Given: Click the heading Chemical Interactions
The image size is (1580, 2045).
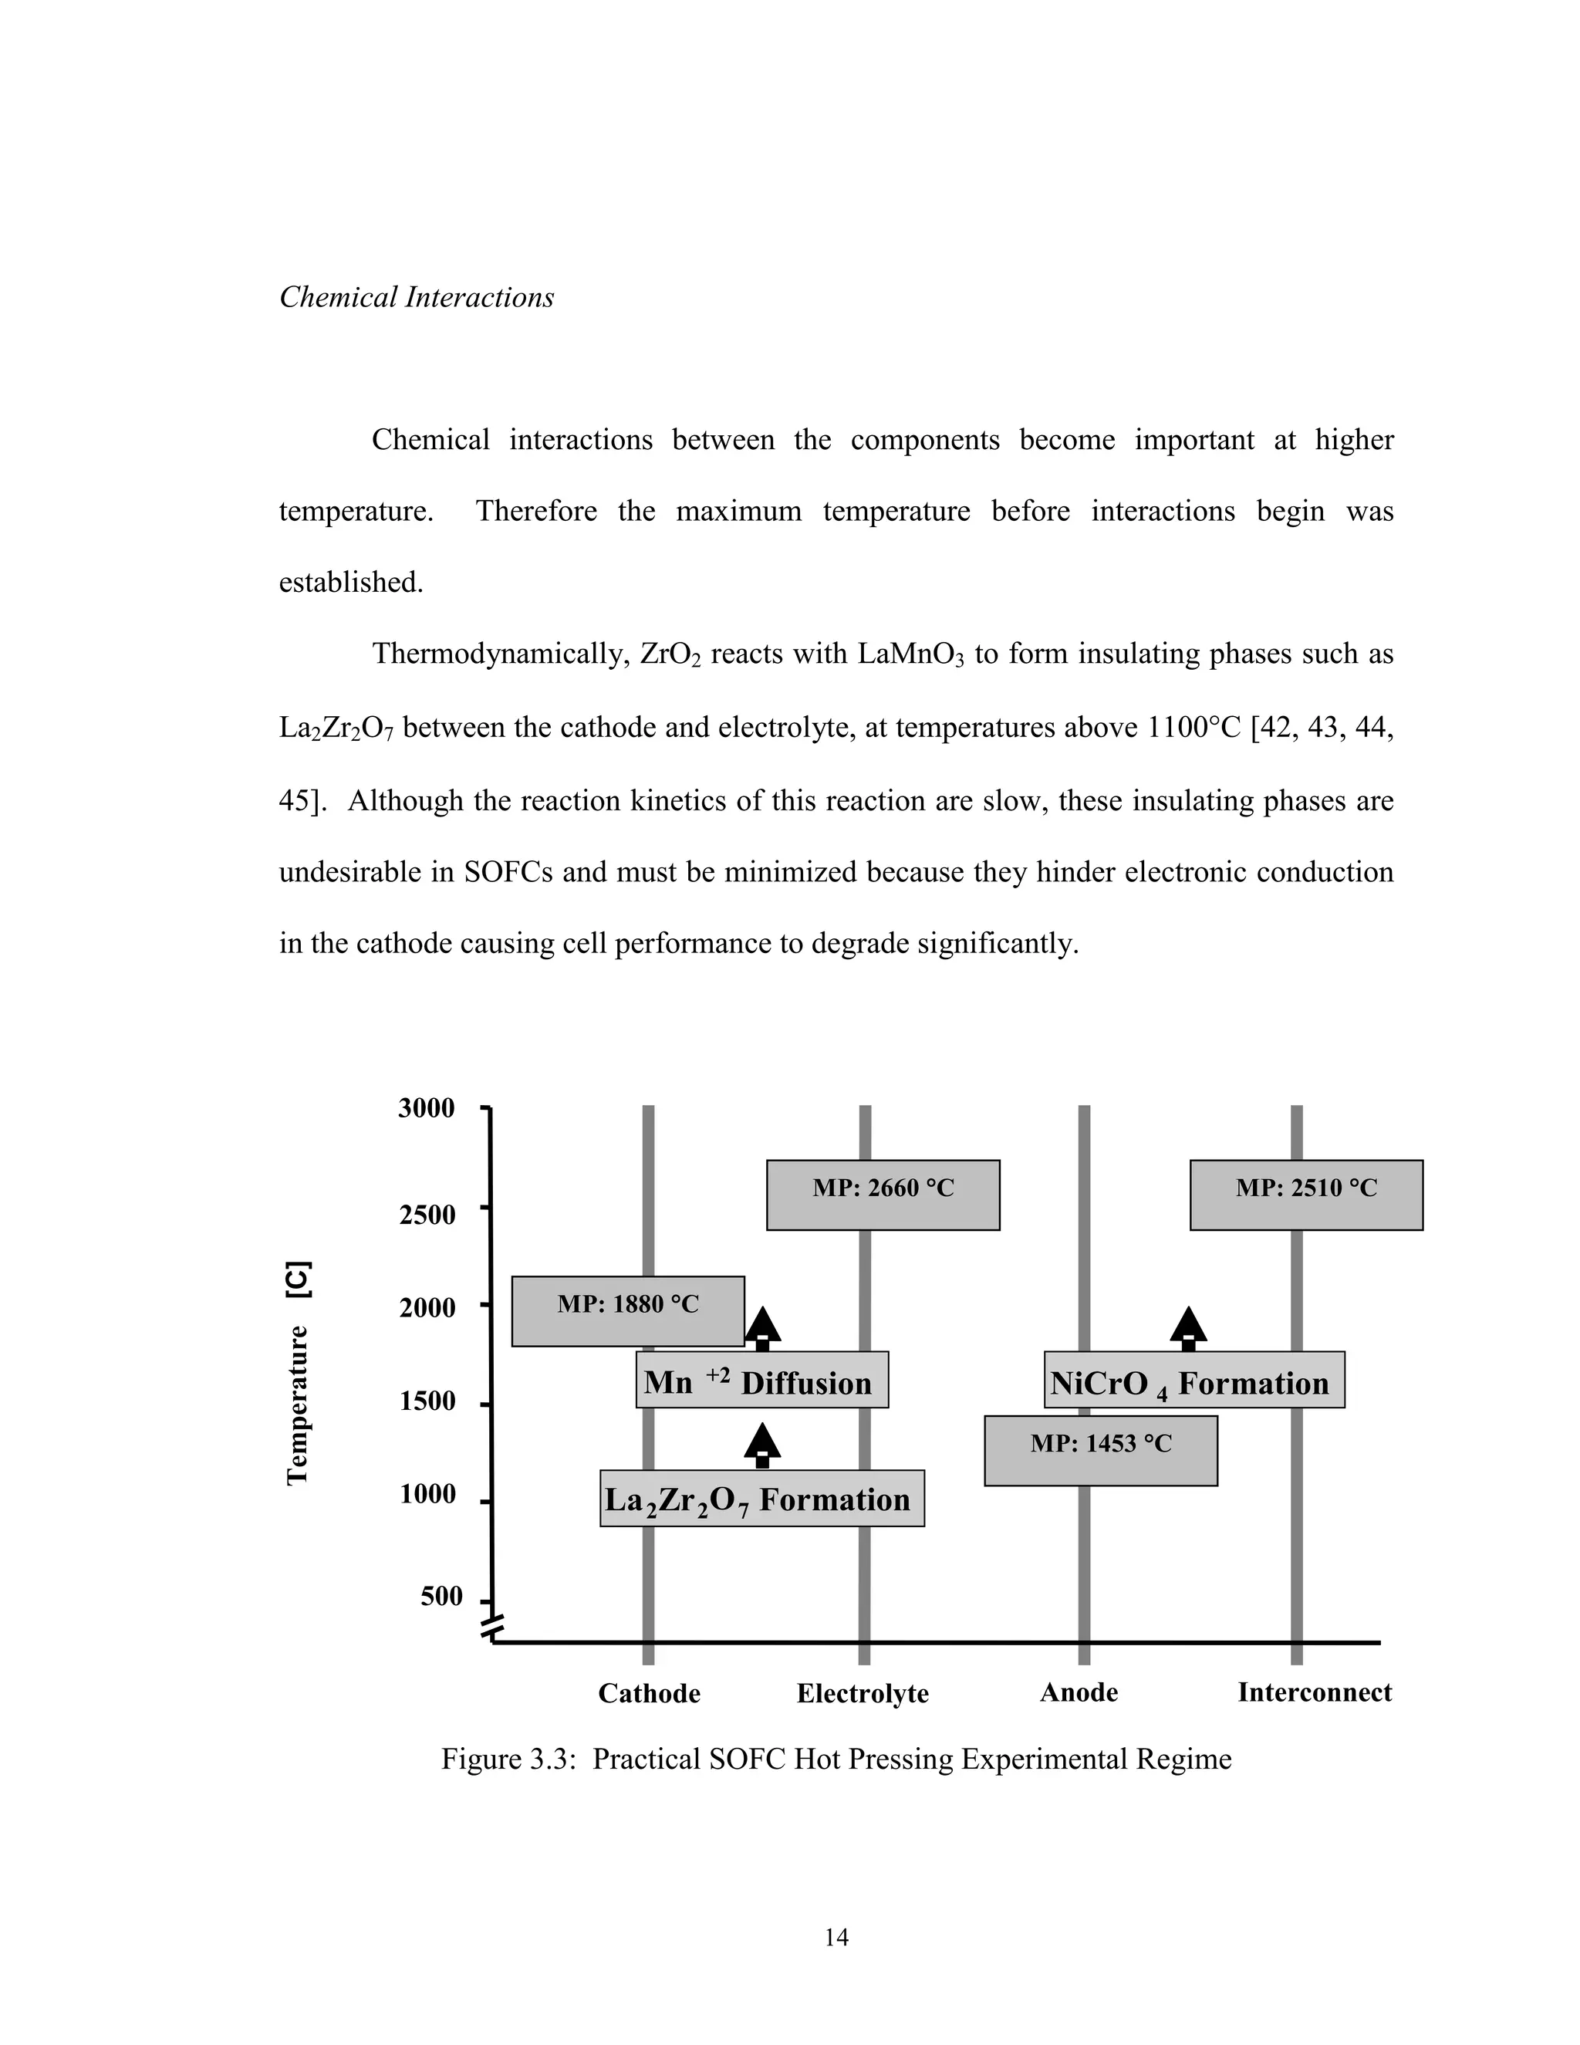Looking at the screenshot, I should (x=416, y=298).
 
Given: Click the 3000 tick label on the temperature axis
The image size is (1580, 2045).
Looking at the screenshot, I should (x=426, y=1109).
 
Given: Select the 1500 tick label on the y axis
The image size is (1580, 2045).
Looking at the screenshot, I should (x=427, y=1401).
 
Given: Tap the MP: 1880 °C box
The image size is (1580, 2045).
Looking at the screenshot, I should (x=627, y=1311).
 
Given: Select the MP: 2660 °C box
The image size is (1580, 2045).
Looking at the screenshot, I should (x=883, y=1195).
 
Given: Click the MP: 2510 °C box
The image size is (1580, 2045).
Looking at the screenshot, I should (x=1306, y=1195).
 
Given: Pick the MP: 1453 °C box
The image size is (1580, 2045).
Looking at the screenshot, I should (x=1101, y=1451).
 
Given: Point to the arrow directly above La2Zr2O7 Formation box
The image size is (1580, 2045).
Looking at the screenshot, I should (x=762, y=1445).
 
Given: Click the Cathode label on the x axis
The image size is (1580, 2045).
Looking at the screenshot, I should (x=649, y=1694).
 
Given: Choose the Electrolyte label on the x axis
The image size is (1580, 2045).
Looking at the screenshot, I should (x=862, y=1694).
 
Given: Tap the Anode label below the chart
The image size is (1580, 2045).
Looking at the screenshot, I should (x=1079, y=1693).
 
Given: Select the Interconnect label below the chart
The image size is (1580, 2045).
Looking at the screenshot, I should (x=1314, y=1693).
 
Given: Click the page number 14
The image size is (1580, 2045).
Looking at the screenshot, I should (x=836, y=1937).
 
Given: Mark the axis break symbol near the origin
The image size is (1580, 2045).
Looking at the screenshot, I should (x=493, y=1628).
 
